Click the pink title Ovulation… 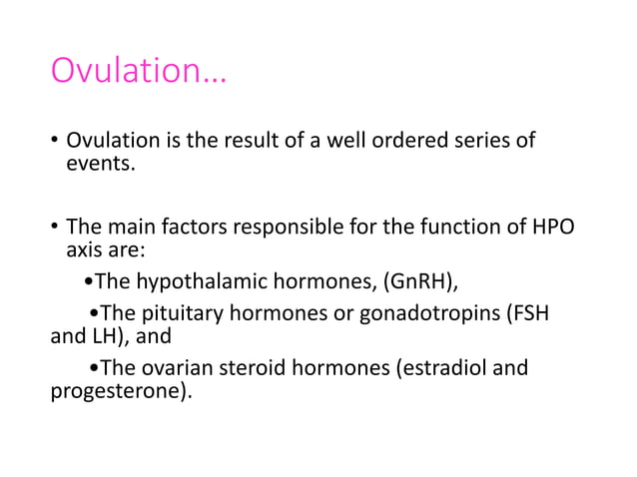point(139,71)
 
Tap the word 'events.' point(99,165)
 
